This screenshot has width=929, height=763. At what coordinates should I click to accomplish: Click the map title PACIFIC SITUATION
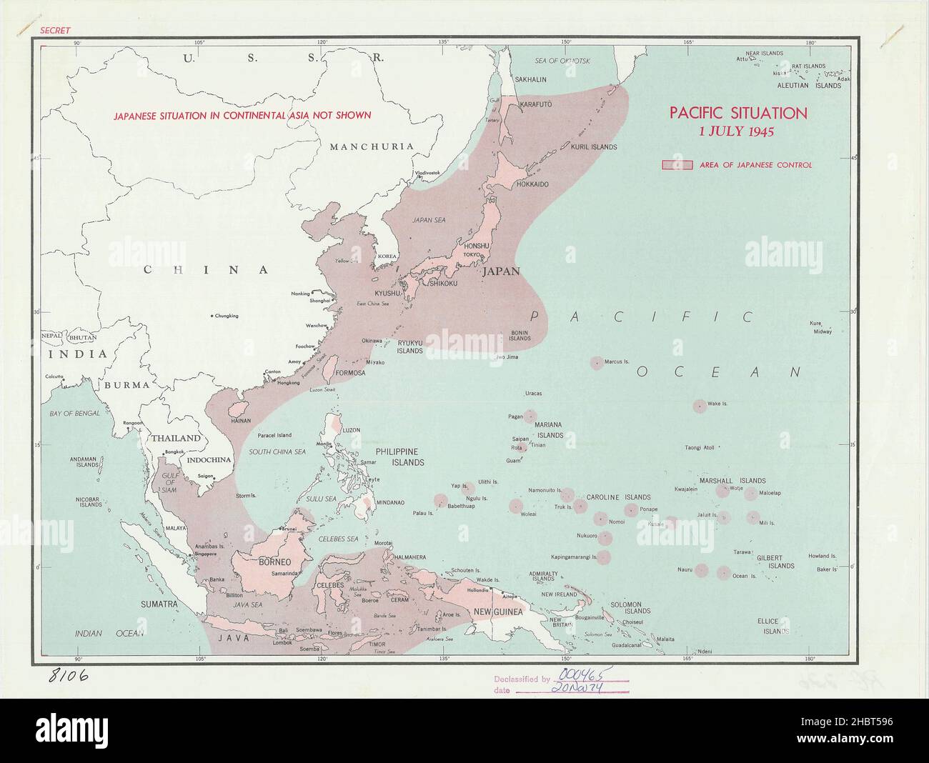coord(737,113)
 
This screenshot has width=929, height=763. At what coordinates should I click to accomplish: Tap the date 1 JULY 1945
coord(737,131)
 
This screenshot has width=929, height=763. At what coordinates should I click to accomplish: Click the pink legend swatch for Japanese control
coord(676,165)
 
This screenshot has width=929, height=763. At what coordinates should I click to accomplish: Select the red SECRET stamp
coord(56,31)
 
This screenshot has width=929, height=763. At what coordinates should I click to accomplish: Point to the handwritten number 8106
coord(69,675)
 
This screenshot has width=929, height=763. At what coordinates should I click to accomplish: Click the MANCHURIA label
coord(371,146)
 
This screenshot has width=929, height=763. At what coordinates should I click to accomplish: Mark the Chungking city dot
coord(212,316)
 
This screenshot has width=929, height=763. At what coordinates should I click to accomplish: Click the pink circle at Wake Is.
coord(699,406)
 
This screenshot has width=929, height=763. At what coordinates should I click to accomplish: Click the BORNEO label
coord(274,562)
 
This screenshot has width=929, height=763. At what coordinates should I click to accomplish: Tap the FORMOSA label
coord(352,373)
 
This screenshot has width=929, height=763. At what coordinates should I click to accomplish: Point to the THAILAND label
coord(175,438)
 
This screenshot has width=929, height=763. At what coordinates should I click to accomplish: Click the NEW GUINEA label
coord(497,612)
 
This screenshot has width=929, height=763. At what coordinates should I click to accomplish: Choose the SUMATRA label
coord(158,604)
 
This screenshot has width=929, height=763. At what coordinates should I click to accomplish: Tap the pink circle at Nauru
coord(702,570)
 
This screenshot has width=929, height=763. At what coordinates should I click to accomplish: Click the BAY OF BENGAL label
coord(74,414)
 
